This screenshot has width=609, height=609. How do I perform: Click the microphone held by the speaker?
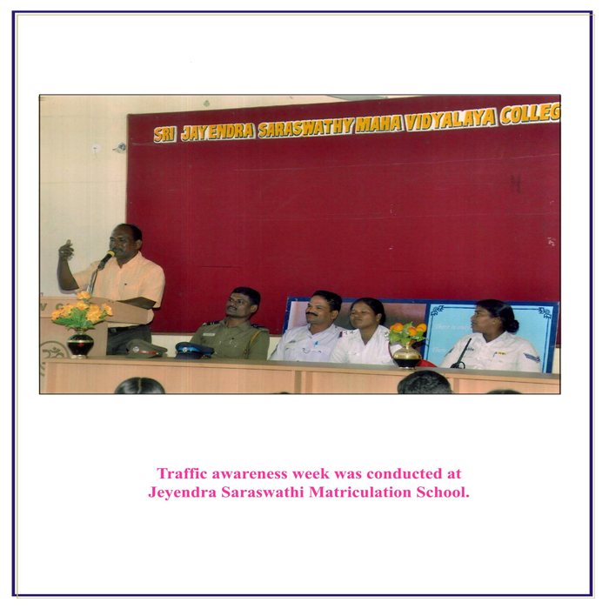(x=105, y=259)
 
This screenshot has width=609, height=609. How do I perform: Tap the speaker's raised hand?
(x=65, y=251)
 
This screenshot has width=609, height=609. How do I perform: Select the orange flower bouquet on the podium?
(x=82, y=311)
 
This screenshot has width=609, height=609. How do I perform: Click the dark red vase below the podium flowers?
(x=80, y=344)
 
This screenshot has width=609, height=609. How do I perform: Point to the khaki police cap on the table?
(x=146, y=348)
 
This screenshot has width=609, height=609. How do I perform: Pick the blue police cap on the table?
(x=193, y=350)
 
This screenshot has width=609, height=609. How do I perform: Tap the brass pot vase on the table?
(x=406, y=355)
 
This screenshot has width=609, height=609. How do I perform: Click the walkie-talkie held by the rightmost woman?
(x=461, y=354)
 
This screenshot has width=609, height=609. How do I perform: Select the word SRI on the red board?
(x=164, y=134)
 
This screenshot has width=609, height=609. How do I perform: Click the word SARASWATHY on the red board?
(x=305, y=127)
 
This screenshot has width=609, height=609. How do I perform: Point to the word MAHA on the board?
(x=378, y=124)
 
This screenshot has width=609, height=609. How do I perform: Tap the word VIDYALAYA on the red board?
(x=450, y=118)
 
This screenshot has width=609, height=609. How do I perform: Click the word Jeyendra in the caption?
(x=182, y=493)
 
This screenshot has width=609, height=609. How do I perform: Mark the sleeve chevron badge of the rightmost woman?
(x=532, y=358)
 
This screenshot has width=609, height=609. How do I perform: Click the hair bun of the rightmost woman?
(x=512, y=325)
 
